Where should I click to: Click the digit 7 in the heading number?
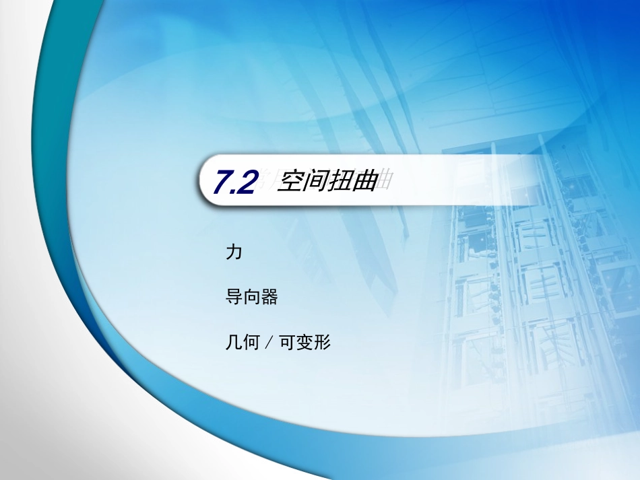pos(222,183)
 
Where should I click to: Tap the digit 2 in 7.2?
pos(247,183)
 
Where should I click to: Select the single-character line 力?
pos(233,253)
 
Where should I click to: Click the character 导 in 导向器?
pos(233,298)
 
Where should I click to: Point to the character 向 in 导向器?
pos(251,298)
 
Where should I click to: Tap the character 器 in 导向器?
pos(269,298)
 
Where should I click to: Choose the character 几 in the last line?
pos(233,343)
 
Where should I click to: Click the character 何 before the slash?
pos(251,343)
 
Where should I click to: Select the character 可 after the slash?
pos(286,343)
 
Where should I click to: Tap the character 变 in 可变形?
pos(305,343)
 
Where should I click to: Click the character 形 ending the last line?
pos(323,343)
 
